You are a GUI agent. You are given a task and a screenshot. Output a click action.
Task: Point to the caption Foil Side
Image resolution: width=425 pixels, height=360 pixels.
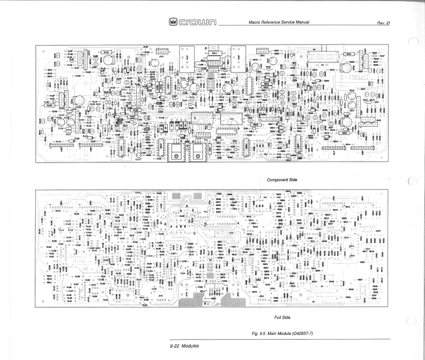(282, 317)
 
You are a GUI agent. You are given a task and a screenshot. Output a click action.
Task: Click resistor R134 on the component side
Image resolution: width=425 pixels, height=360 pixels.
(106, 52)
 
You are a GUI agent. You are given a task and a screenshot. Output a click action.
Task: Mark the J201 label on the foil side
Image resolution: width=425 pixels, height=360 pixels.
(263, 296)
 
